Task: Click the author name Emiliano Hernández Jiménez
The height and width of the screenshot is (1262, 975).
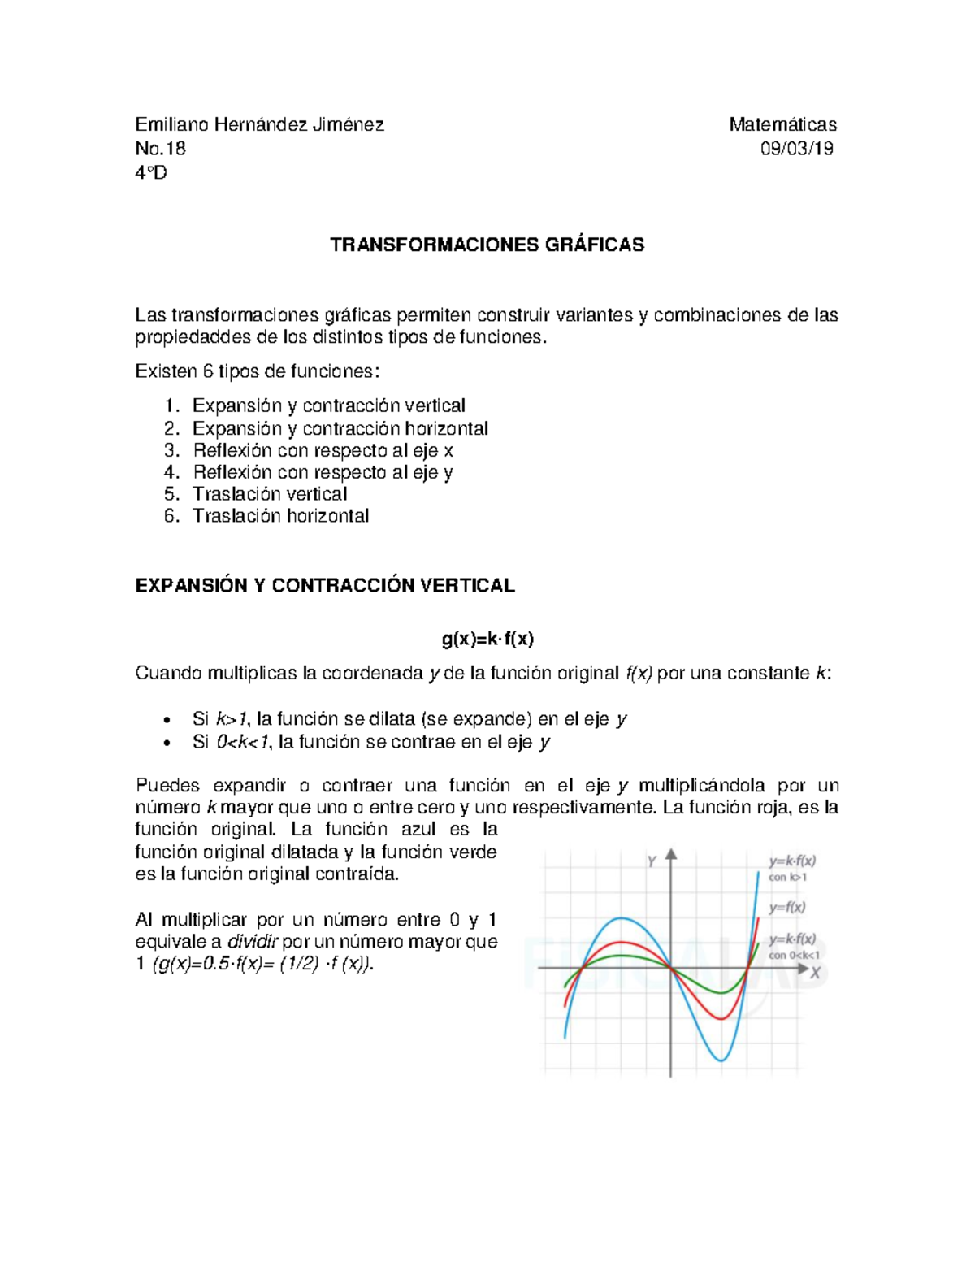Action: coord(259,124)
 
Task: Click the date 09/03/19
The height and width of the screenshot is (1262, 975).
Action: coord(796,148)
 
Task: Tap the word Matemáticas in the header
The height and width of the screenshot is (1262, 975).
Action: coord(782,124)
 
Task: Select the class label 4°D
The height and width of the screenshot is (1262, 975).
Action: coord(151,172)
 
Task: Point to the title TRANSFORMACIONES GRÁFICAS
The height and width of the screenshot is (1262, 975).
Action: coord(487,245)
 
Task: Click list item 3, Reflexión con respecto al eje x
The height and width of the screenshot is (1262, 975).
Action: coord(323,450)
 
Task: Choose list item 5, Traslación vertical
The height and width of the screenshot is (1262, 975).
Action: coord(269,494)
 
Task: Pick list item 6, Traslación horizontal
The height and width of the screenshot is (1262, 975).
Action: coord(280,516)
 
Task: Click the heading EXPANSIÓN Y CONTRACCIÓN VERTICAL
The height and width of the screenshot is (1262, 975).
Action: coord(325,586)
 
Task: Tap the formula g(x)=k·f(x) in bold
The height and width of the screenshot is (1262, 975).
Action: coord(487,639)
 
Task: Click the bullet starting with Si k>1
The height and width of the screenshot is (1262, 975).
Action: coord(409,719)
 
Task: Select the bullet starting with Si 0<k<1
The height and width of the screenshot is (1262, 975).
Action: coord(371,742)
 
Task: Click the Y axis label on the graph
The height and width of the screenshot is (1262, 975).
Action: coord(652,861)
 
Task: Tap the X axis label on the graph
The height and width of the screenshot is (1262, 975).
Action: coord(815,972)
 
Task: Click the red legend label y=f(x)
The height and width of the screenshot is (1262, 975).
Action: coord(786,908)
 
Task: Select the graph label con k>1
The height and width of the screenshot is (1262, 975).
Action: coord(787,878)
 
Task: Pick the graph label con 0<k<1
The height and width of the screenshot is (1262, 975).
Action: coord(793,956)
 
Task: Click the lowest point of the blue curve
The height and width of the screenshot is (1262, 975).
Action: coord(720,1060)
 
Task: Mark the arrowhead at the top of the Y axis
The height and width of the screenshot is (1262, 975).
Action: coord(671,855)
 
